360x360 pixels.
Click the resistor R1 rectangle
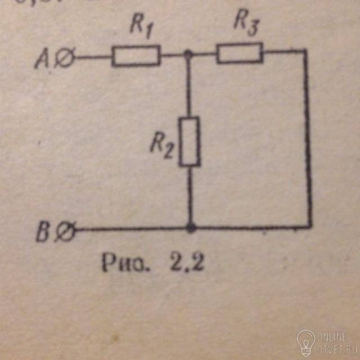(x=136, y=56)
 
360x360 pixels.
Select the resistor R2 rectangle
(x=190, y=141)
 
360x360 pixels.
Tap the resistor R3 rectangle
(x=239, y=53)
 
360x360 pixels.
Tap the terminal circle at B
(x=67, y=231)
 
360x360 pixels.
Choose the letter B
(x=44, y=232)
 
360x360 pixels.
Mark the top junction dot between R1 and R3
(x=188, y=55)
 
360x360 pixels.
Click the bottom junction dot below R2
(x=191, y=228)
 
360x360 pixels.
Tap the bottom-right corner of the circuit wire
(x=310, y=227)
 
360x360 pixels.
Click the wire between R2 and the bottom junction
(x=191, y=197)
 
